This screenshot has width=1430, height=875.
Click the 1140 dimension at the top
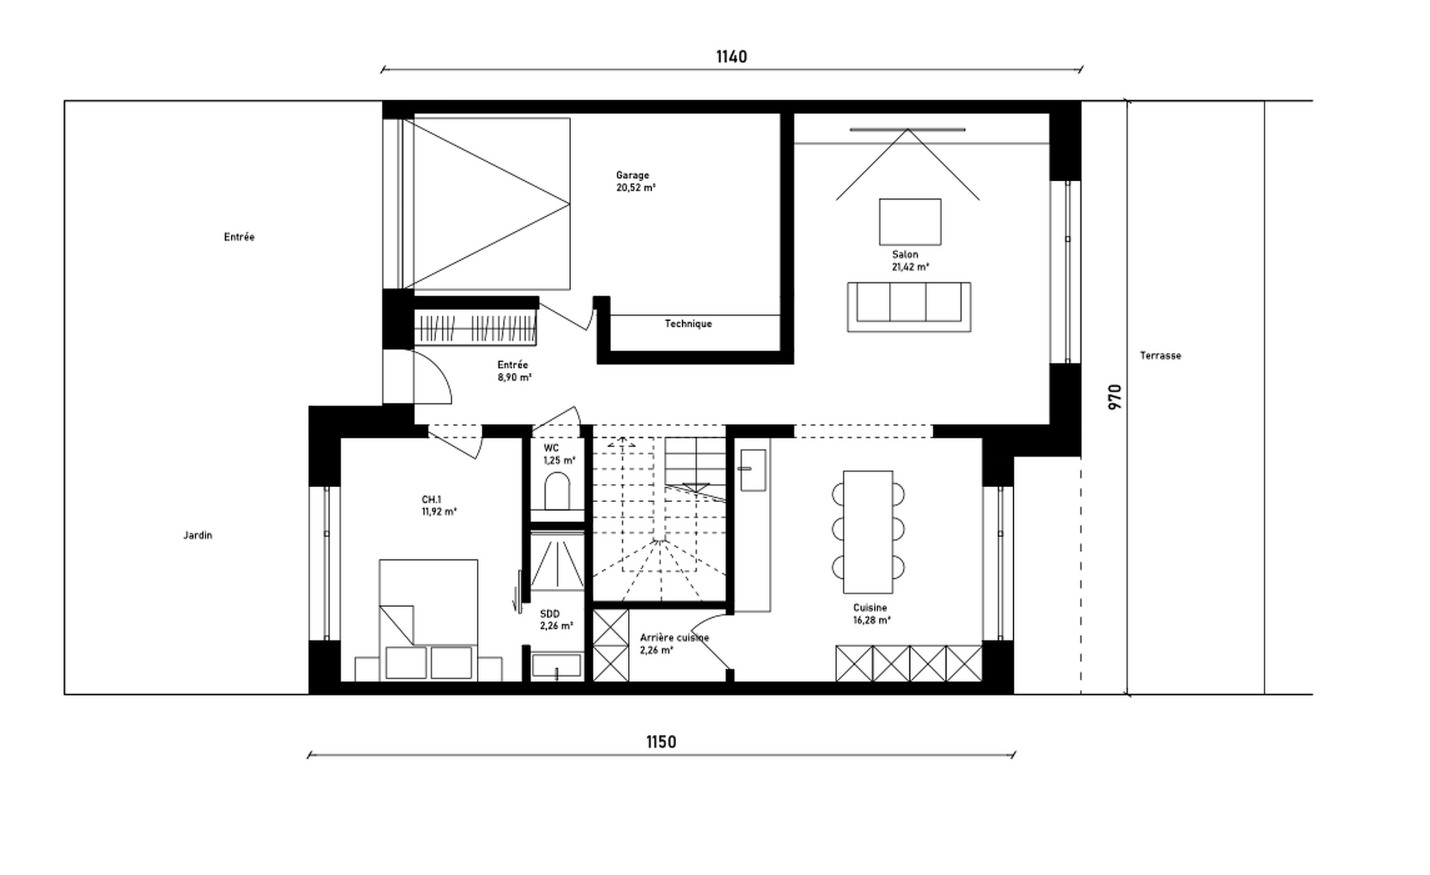tap(731, 57)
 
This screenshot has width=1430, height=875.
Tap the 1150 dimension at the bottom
tap(661, 742)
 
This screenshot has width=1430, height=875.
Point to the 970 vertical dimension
tap(1115, 397)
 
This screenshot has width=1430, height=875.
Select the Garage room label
tap(633, 176)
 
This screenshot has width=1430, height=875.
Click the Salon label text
tap(905, 255)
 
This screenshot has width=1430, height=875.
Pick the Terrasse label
tap(1160, 356)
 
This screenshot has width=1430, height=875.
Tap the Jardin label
tap(198, 535)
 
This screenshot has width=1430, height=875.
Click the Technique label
tap(689, 324)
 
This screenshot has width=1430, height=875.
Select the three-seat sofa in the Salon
tap(909, 307)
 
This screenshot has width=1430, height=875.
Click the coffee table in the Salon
tap(910, 222)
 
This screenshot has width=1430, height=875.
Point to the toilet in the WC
tap(557, 491)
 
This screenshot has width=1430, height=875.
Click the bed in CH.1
tap(428, 620)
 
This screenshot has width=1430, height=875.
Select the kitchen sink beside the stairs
tap(753, 470)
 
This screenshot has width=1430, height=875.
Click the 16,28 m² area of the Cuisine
tap(872, 620)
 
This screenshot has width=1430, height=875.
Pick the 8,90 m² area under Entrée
tap(515, 378)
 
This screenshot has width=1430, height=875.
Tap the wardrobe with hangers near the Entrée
tap(475, 328)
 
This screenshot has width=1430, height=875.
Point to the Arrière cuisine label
tap(674, 638)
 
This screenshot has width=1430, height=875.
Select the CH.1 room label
tap(431, 500)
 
